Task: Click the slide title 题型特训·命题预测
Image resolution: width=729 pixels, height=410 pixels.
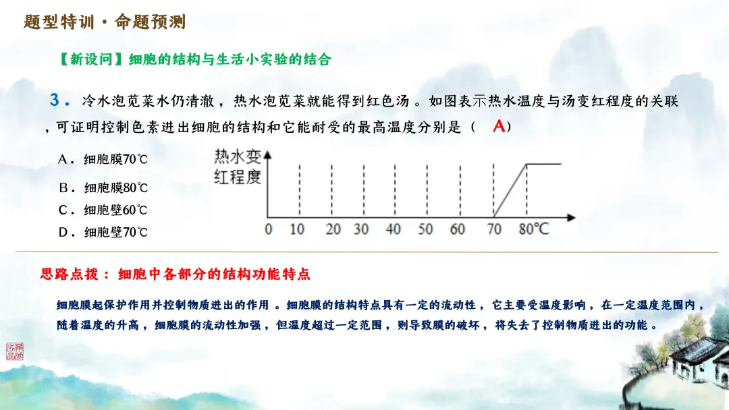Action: coord(105,22)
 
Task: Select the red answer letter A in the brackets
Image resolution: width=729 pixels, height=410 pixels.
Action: coord(499,125)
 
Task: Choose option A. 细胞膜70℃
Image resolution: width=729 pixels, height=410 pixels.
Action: coord(103,160)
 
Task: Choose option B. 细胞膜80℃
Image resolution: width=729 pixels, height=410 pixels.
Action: coord(103,187)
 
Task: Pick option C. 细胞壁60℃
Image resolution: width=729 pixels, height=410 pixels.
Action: coord(103,210)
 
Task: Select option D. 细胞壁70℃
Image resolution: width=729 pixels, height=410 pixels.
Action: coord(103,233)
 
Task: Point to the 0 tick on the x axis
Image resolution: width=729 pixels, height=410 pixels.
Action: coord(269,229)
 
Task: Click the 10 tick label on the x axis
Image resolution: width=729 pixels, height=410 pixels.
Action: coord(297,229)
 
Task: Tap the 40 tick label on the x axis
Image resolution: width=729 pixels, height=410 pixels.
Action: coord(393,229)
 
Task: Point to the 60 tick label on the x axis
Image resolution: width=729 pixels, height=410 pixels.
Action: coord(458,229)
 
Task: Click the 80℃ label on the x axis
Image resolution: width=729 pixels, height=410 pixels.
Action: coord(534,229)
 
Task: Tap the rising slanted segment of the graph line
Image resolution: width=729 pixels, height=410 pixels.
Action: coord(511,190)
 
